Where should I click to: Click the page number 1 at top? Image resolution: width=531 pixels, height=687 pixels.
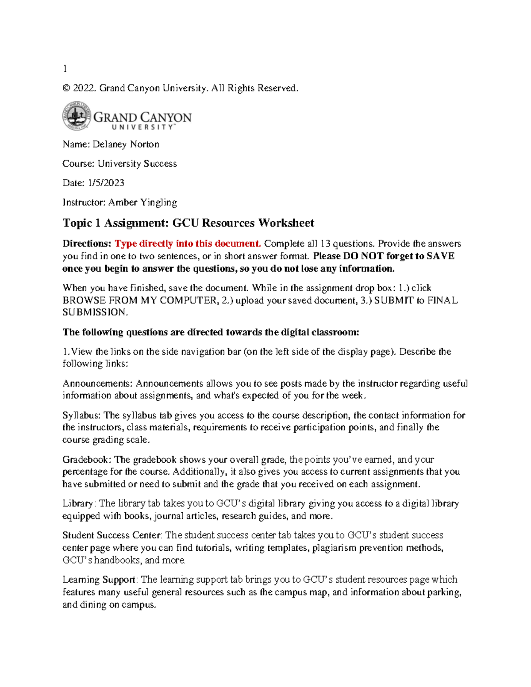[x=65, y=69]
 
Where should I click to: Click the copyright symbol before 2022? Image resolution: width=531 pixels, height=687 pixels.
[x=66, y=88]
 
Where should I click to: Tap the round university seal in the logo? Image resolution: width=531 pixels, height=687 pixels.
[x=77, y=116]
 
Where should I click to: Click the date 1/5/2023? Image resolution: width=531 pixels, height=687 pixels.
[x=106, y=183]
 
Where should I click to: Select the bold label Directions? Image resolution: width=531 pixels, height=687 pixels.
[x=87, y=244]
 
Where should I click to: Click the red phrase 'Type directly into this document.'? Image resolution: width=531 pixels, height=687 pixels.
[x=188, y=244]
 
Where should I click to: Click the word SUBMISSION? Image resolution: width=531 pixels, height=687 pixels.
[x=95, y=312]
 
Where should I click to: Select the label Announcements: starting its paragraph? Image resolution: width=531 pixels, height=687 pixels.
[x=97, y=384]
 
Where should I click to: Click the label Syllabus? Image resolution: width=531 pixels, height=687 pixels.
[x=82, y=415]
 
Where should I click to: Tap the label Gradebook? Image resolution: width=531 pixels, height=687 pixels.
[x=87, y=460]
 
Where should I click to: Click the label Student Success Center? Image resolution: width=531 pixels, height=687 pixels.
[x=112, y=535]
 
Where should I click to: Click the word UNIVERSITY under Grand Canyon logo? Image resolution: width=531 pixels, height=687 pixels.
[x=142, y=127]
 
